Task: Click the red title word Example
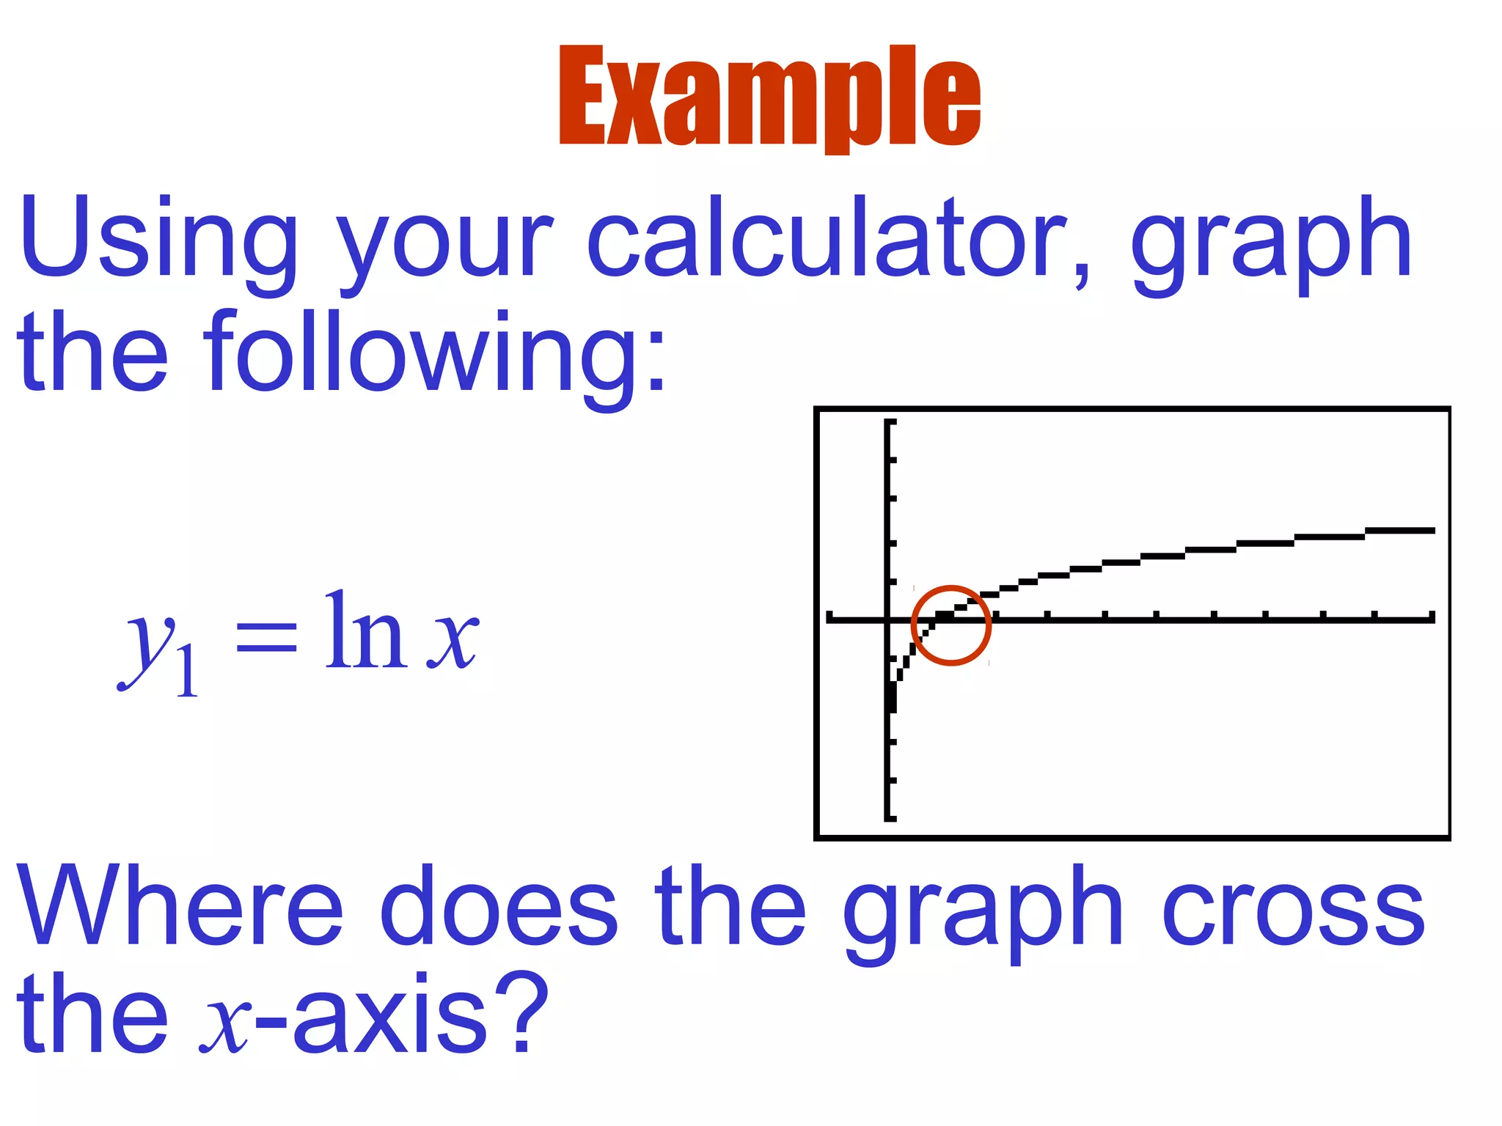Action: point(769,97)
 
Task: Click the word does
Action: point(499,905)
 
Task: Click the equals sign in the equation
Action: point(265,635)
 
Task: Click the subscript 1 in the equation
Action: point(187,670)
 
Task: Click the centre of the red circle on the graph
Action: point(951,625)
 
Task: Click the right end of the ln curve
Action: point(1432,530)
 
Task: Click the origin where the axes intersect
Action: point(888,619)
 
